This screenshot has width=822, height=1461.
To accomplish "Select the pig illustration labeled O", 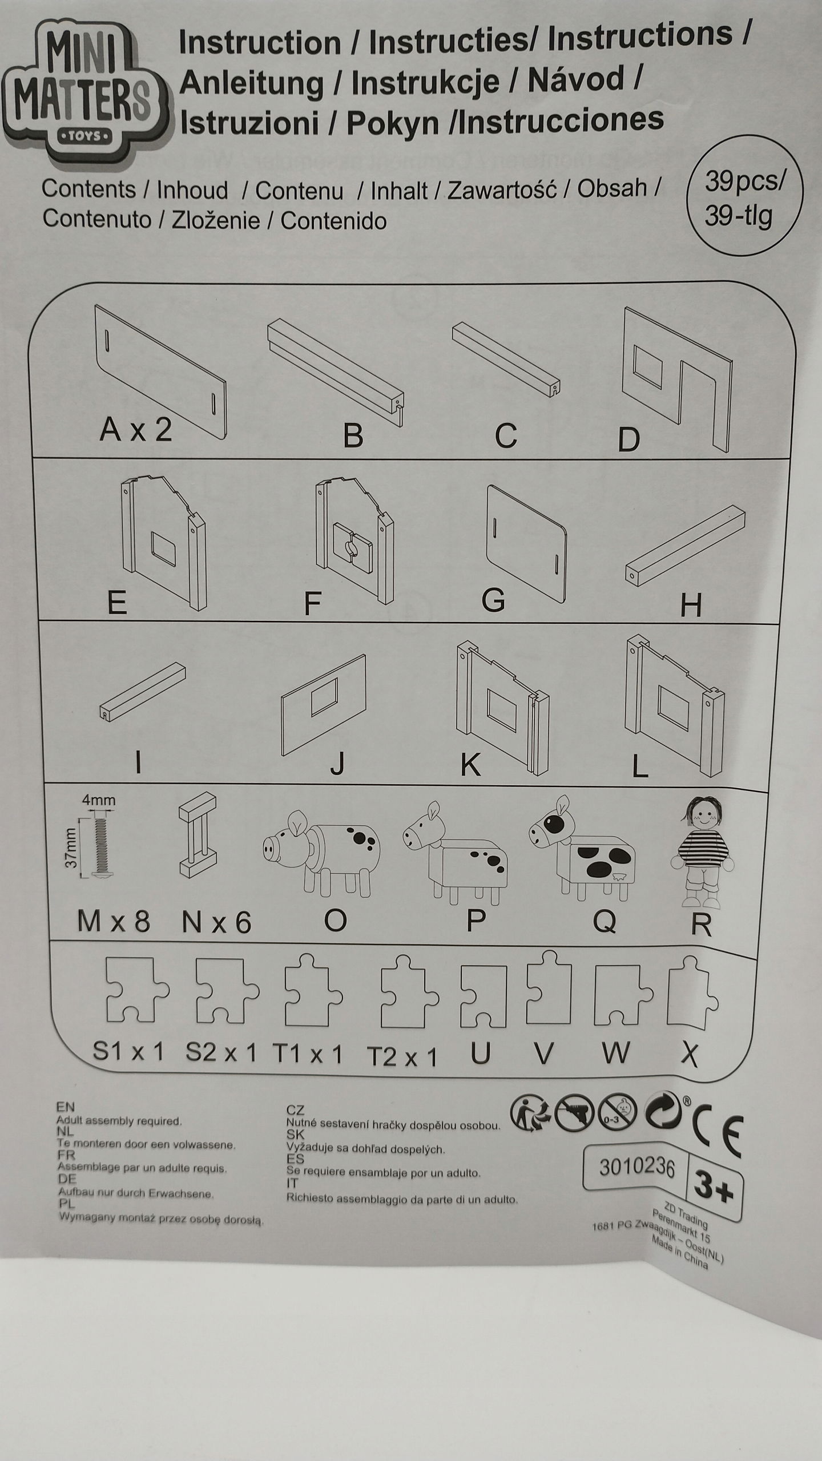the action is [321, 853].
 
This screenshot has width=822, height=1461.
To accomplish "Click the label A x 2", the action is [136, 429].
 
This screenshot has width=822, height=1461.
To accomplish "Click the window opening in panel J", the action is [324, 697].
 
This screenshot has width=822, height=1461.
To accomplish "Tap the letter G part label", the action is [493, 599].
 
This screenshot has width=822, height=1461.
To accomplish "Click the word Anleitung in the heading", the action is [251, 83].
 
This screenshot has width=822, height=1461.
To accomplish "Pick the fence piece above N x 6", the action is [198, 835].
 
